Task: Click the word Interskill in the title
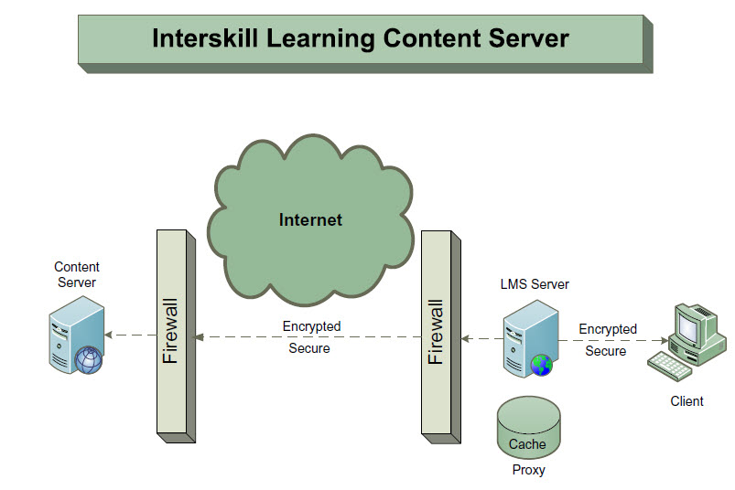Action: point(205,38)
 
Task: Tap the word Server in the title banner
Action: point(528,38)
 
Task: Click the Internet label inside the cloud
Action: point(310,220)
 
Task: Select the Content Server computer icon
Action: point(76,335)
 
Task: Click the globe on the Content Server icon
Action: point(89,360)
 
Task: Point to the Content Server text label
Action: point(77,275)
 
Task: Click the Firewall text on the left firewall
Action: point(170,331)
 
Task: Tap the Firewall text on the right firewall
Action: point(436,332)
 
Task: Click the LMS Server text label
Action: point(535,284)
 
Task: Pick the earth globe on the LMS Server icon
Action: point(542,365)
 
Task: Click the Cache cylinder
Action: point(529,427)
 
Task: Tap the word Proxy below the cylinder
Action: point(529,469)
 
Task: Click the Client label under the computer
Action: point(686,401)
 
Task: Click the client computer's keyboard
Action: point(669,366)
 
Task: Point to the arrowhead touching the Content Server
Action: point(108,335)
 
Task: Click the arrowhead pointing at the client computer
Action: point(665,340)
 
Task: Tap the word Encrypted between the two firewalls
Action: point(312,326)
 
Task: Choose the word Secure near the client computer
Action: point(606,351)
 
